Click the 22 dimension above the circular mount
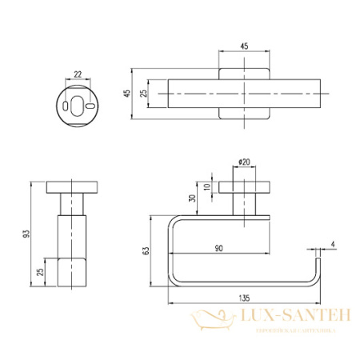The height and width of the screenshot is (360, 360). (x=78, y=74)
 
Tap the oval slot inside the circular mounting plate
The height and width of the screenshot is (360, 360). (x=77, y=105)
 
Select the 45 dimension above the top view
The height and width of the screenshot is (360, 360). (x=242, y=46)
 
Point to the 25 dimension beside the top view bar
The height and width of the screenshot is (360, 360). (x=145, y=94)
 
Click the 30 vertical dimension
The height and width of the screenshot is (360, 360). (x=192, y=198)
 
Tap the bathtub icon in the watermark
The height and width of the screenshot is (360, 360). (x=210, y=320)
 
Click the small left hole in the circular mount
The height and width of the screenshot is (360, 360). (x=62, y=105)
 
